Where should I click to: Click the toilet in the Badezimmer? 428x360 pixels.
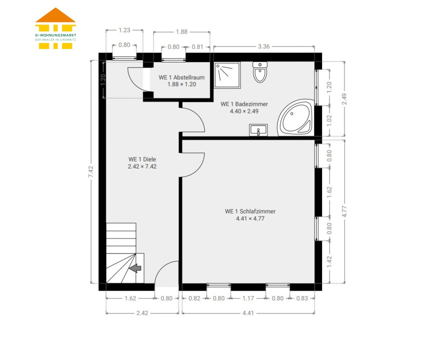coord(260,72)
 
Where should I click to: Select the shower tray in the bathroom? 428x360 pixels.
coord(227,75)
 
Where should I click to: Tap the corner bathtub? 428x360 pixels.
coord(296,118)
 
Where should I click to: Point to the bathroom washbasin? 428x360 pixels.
coord(258,130)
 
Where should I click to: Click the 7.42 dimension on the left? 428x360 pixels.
coord(91,171)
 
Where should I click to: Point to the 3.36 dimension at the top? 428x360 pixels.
coord(264,46)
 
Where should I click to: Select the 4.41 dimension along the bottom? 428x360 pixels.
coord(248,313)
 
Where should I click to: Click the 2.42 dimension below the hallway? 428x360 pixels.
coord(142,313)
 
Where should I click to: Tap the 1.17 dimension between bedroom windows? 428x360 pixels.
coord(248,298)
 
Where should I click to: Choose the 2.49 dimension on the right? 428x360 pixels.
coord(344,98)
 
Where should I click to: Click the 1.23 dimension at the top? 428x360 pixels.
coord(124,30)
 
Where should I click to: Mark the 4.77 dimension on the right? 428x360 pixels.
coord(344,211)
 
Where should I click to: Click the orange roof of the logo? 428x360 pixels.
coord(55,16)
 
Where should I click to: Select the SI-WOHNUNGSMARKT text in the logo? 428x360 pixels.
coord(55,35)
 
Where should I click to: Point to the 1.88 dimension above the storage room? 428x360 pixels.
coord(181,31)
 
